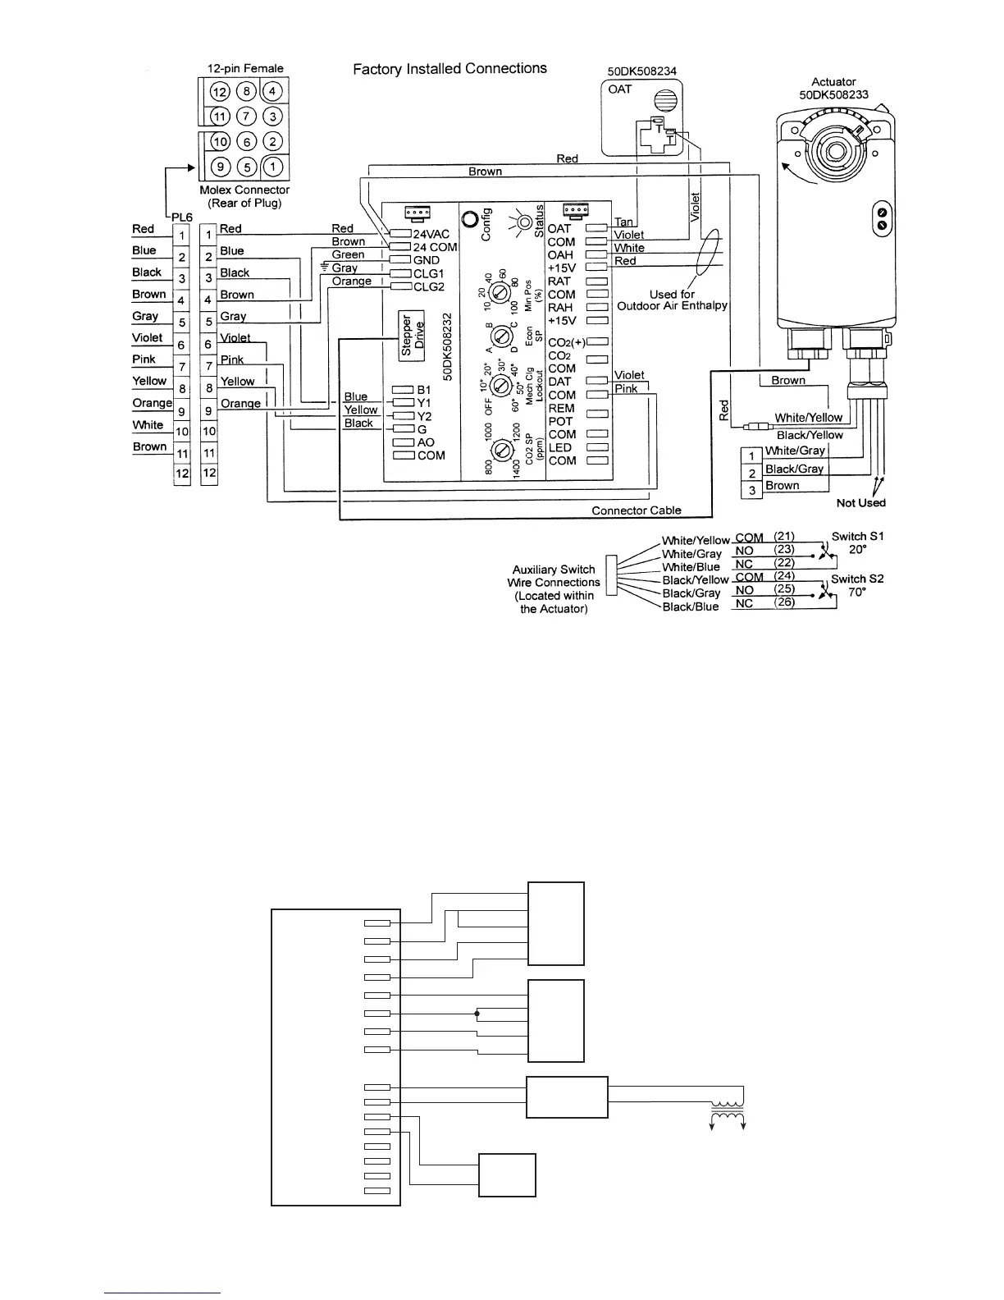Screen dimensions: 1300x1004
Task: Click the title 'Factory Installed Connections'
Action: click(x=450, y=69)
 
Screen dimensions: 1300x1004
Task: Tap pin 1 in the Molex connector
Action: click(x=274, y=167)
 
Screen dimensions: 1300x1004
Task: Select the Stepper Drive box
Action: click(x=412, y=335)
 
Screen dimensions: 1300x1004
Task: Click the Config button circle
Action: click(x=471, y=220)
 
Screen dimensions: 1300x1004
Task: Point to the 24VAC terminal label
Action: click(x=431, y=234)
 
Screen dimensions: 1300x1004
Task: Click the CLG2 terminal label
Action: click(x=428, y=286)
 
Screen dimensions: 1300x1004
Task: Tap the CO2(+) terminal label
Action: click(x=566, y=342)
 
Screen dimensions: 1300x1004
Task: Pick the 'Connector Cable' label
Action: click(x=637, y=510)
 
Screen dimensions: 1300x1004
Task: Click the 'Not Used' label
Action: click(x=860, y=502)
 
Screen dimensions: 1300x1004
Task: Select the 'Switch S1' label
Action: click(x=857, y=537)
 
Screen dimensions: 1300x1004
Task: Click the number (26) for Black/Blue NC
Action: click(x=785, y=603)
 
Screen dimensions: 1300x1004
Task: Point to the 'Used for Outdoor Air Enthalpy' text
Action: click(x=672, y=300)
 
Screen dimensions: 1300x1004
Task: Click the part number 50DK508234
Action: click(x=642, y=71)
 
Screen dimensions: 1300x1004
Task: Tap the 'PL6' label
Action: click(x=182, y=215)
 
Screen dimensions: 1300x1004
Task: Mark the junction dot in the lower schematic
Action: click(x=477, y=1014)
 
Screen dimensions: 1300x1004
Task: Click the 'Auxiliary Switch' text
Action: click(x=554, y=570)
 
